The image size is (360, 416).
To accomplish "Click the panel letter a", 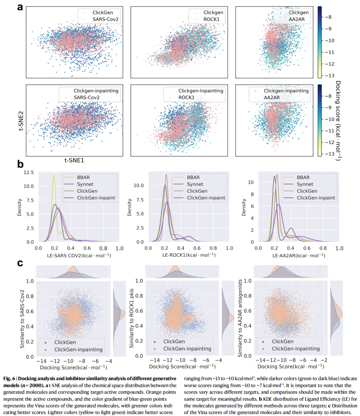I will click(20, 7).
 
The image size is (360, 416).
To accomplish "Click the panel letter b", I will click(20, 164).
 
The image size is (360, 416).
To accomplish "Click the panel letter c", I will click(20, 263).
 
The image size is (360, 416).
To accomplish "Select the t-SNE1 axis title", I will click(74, 160).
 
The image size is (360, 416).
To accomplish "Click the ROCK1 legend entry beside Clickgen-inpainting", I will click(186, 97).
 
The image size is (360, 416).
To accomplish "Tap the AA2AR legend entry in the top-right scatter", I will click(296, 19).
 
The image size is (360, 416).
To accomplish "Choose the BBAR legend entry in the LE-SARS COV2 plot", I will click(83, 177).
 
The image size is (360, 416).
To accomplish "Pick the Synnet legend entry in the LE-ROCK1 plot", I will click(195, 184).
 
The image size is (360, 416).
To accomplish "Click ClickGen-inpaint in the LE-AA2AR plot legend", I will click(316, 198).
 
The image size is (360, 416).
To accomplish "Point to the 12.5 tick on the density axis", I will click(29, 172).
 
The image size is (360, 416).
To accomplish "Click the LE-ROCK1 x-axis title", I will click(189, 255).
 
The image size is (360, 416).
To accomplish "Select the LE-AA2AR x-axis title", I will click(299, 256).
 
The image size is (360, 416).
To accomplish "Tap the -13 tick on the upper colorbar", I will click(329, 76).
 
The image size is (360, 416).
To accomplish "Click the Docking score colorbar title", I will click(338, 120).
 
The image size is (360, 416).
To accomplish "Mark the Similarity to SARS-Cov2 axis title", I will click(22, 319).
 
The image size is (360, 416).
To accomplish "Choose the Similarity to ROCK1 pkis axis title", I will click(131, 318).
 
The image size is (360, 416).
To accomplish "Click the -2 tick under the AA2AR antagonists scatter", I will click(326, 360).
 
